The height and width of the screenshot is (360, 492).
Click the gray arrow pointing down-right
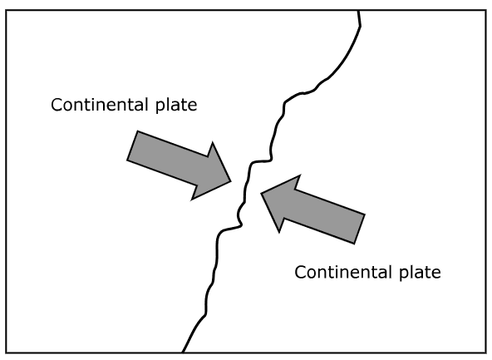pos(180,165)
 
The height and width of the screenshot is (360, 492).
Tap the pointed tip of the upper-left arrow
pos(231,181)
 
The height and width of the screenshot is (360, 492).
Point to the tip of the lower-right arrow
pos(261,194)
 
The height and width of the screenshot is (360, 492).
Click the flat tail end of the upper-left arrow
pos(132,145)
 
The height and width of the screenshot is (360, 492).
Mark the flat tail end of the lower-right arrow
pos(360,229)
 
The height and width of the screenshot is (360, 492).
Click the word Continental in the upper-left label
pos(100,105)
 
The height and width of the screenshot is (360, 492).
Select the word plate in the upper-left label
pos(176,105)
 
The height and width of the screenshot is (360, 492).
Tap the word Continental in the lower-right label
pos(343,272)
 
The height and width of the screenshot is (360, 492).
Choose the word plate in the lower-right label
pos(421,273)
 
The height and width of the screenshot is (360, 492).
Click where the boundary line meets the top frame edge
pos(358,11)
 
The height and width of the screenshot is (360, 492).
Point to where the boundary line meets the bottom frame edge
pos(183,353)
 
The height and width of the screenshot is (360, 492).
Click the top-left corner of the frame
pos(6,10)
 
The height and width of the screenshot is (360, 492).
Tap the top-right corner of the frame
pos(486,10)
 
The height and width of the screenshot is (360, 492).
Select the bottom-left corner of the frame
pos(6,353)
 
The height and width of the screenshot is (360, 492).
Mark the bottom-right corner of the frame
pos(486,353)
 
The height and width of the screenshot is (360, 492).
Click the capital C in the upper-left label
pos(57,105)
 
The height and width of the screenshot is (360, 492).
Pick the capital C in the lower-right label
pos(300,273)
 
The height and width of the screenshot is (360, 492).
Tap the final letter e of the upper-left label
pos(193,106)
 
